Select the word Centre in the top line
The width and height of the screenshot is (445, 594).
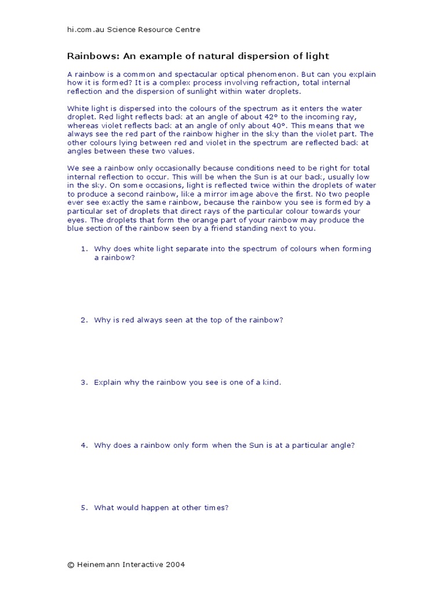[187, 30]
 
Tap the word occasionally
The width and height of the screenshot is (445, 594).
[155, 168]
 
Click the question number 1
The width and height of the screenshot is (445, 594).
[83, 249]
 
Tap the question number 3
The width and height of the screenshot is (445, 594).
[83, 382]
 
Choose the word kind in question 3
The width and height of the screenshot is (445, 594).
[270, 382]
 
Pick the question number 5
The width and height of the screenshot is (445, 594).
[83, 508]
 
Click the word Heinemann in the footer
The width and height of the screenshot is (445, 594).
[96, 564]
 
